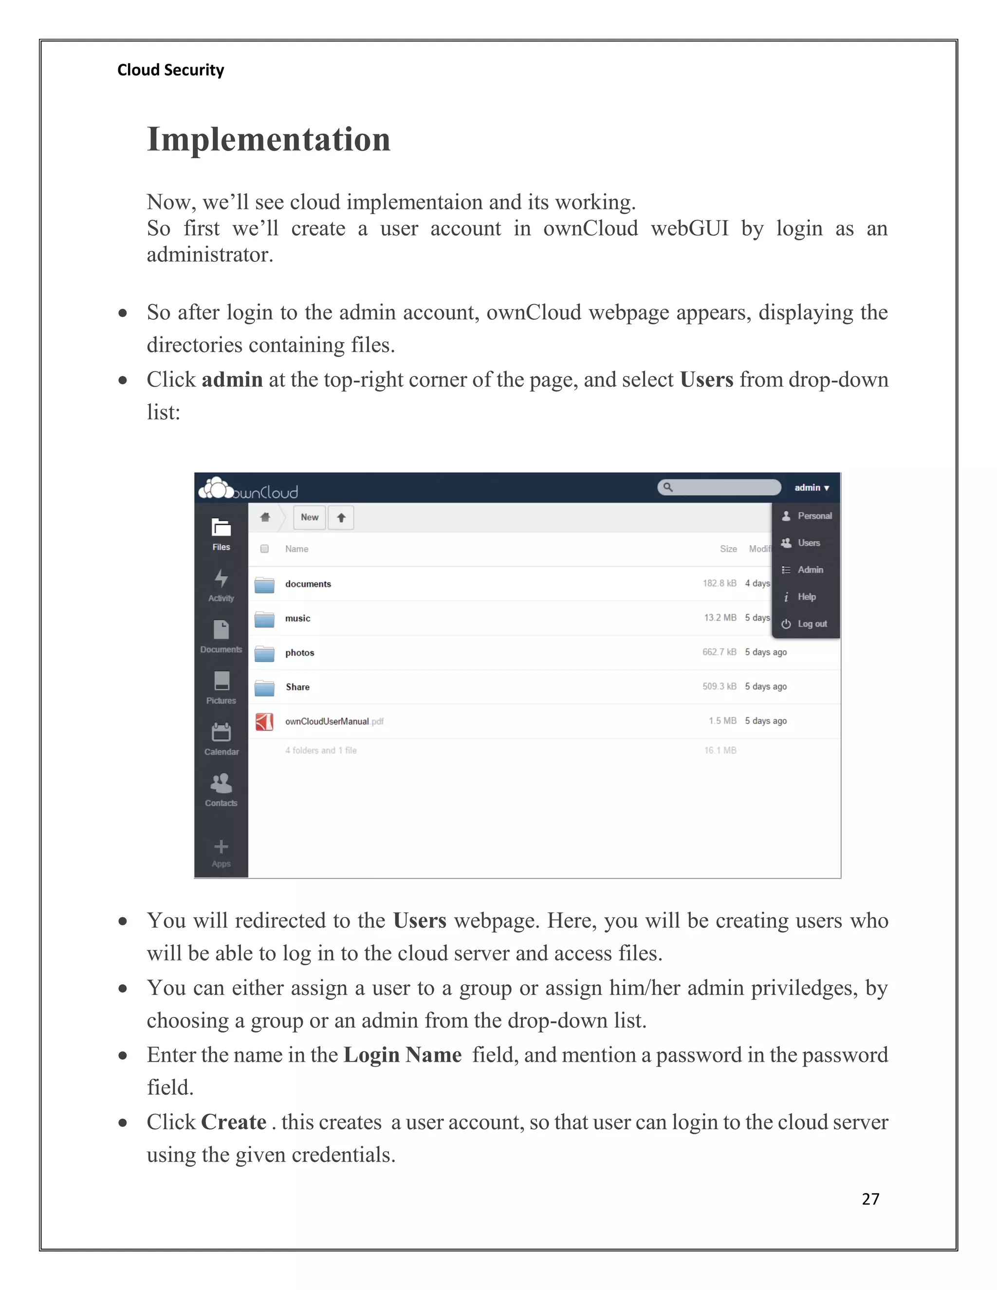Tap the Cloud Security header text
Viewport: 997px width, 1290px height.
[x=171, y=70]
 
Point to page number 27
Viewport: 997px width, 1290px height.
[x=870, y=1198]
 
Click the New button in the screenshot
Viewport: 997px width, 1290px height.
[x=310, y=517]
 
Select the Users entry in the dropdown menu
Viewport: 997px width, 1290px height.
[x=808, y=543]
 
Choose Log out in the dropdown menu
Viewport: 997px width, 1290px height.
[x=812, y=624]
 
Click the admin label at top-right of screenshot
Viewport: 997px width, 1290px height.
[x=811, y=487]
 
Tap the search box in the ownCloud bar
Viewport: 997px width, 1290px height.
[x=720, y=487]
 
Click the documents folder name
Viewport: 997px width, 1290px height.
[x=308, y=584]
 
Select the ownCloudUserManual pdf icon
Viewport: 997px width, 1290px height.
[x=265, y=721]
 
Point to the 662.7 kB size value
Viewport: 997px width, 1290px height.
[x=719, y=652]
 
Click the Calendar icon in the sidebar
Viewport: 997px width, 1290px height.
[x=221, y=733]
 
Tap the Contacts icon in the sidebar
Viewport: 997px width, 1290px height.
[x=221, y=784]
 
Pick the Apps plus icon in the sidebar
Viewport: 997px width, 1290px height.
[x=221, y=847]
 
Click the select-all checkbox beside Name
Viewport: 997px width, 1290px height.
[x=265, y=549]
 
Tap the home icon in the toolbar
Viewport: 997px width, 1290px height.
[x=265, y=517]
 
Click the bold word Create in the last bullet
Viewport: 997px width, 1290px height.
[x=234, y=1122]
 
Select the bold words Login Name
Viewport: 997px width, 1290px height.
[x=402, y=1054]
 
